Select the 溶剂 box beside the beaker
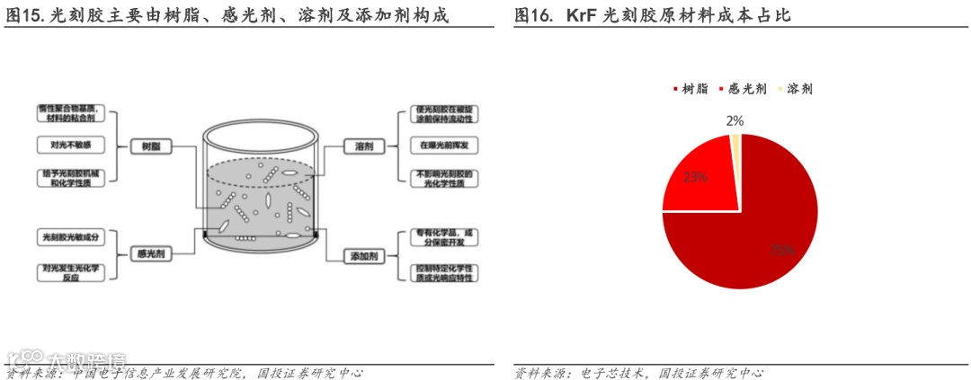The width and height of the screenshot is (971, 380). (x=364, y=145)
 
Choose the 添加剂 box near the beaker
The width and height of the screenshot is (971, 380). (x=363, y=256)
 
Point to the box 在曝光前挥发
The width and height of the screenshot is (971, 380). (x=444, y=144)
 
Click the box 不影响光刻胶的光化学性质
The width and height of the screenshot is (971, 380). (x=444, y=178)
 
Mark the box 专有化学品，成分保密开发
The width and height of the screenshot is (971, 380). (x=444, y=239)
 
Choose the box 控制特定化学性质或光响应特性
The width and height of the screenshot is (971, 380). (x=444, y=273)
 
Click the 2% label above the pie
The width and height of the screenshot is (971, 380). (x=735, y=120)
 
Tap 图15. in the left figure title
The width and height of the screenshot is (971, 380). (x=24, y=16)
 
